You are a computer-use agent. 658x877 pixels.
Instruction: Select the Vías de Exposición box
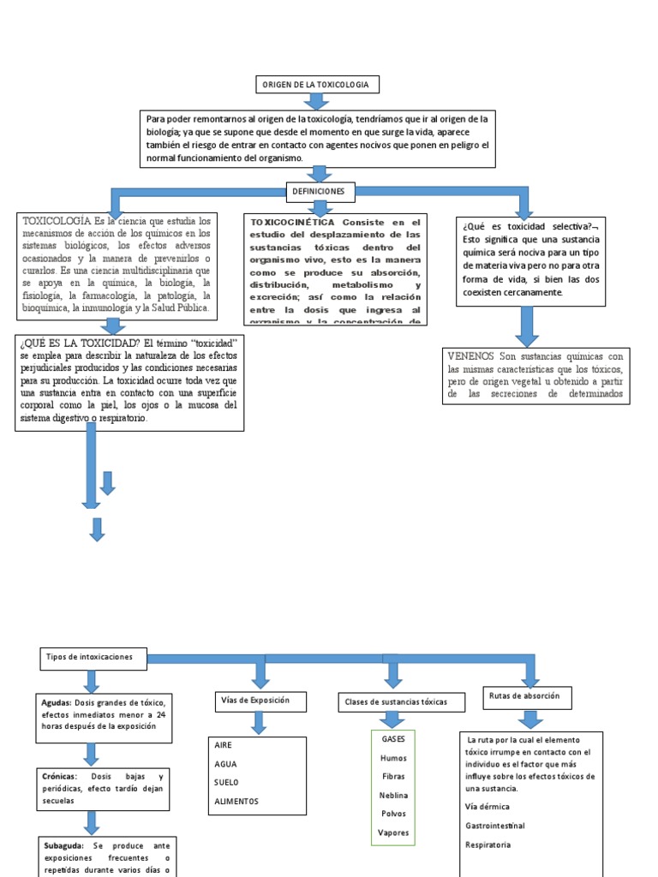254,701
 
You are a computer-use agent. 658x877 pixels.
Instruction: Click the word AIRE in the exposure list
224,745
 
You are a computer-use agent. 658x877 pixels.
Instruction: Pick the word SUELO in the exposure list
227,782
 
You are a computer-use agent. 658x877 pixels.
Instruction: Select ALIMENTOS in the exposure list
236,802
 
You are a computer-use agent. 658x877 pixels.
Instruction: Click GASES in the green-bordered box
393,738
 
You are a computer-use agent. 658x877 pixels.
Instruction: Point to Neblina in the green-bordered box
393,795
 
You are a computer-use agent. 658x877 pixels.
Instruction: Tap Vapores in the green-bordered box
393,832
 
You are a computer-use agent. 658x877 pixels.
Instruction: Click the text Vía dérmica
488,807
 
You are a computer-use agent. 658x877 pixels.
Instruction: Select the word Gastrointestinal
495,826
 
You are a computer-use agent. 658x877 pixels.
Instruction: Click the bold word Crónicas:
65,776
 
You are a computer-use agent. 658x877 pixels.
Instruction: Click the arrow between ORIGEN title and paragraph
317,101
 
